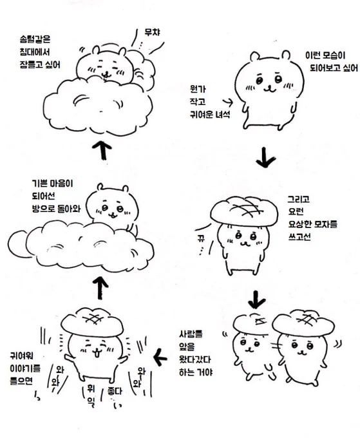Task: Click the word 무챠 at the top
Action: (x=153, y=32)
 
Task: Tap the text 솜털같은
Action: (x=35, y=39)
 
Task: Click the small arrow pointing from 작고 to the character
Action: (x=227, y=102)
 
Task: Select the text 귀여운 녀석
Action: (x=210, y=114)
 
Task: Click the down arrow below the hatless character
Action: (x=265, y=157)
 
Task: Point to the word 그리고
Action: (x=299, y=199)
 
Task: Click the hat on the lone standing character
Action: (x=244, y=211)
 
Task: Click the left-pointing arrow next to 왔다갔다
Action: (x=160, y=357)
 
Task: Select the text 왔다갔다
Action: (x=194, y=359)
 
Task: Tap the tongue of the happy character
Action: (x=97, y=354)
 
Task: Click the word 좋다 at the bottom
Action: (x=115, y=391)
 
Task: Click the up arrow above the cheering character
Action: (x=100, y=288)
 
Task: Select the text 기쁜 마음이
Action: (x=53, y=184)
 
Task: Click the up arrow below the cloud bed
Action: (x=102, y=149)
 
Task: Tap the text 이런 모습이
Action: (x=325, y=55)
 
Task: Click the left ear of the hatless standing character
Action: (x=255, y=57)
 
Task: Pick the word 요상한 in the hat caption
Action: (x=300, y=224)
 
